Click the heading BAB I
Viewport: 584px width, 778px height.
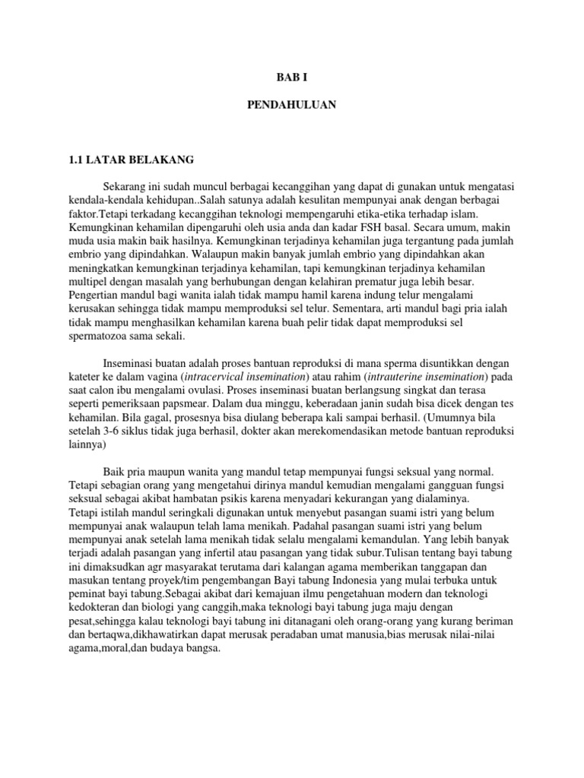click(x=291, y=78)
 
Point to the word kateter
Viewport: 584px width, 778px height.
click(x=84, y=378)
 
